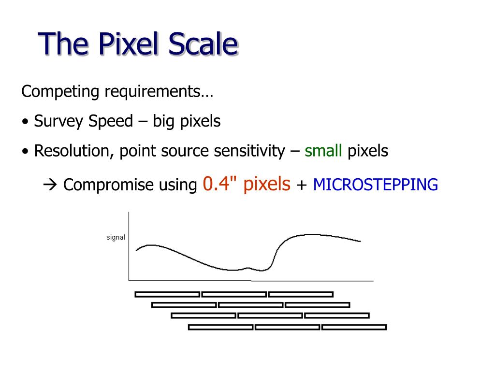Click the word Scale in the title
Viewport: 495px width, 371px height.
tap(203, 44)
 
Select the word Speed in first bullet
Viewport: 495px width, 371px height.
tap(110, 121)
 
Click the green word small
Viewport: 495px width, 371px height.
tap(323, 151)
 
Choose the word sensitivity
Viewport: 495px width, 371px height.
tap(249, 151)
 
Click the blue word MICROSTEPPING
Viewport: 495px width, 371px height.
tap(376, 185)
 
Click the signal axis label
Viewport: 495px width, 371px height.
tap(116, 237)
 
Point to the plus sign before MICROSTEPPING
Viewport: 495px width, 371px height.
tap(302, 185)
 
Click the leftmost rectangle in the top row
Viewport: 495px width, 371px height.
tap(167, 294)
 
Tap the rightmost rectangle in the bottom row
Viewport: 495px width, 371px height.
tap(354, 327)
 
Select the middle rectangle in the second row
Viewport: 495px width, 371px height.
tap(250, 305)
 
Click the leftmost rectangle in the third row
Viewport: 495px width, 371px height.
tap(204, 315)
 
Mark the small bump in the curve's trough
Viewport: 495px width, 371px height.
tap(248, 268)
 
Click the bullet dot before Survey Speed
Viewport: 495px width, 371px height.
tap(25, 122)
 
